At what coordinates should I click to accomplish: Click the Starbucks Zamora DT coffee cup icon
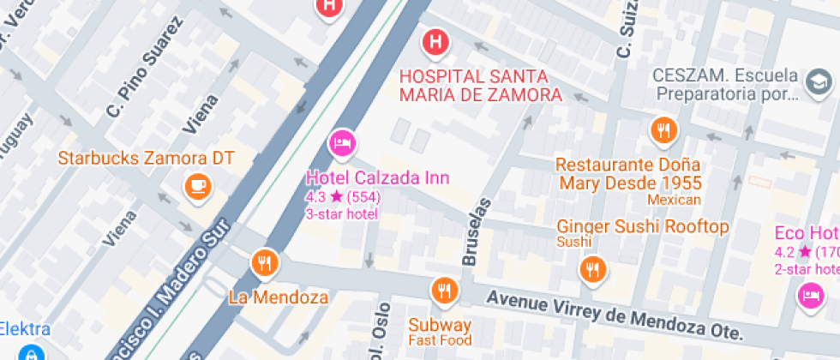tap(198, 184)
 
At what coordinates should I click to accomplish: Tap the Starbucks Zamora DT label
tap(145, 159)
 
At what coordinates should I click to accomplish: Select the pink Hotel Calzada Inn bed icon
tap(343, 143)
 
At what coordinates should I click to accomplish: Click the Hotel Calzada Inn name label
tap(378, 178)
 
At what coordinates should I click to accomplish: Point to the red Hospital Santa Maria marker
tap(435, 40)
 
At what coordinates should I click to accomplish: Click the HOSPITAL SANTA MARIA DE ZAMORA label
tap(481, 85)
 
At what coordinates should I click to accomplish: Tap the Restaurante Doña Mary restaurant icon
tap(663, 130)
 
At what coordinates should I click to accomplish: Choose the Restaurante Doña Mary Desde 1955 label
tap(629, 173)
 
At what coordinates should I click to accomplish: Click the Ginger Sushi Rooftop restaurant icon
tap(592, 270)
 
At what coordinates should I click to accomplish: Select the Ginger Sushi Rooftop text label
tap(643, 227)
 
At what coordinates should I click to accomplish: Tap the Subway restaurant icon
tap(444, 291)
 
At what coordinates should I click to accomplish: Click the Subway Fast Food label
tap(440, 330)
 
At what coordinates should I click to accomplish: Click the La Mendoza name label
tap(279, 298)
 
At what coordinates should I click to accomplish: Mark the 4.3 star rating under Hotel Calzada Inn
tap(343, 197)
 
